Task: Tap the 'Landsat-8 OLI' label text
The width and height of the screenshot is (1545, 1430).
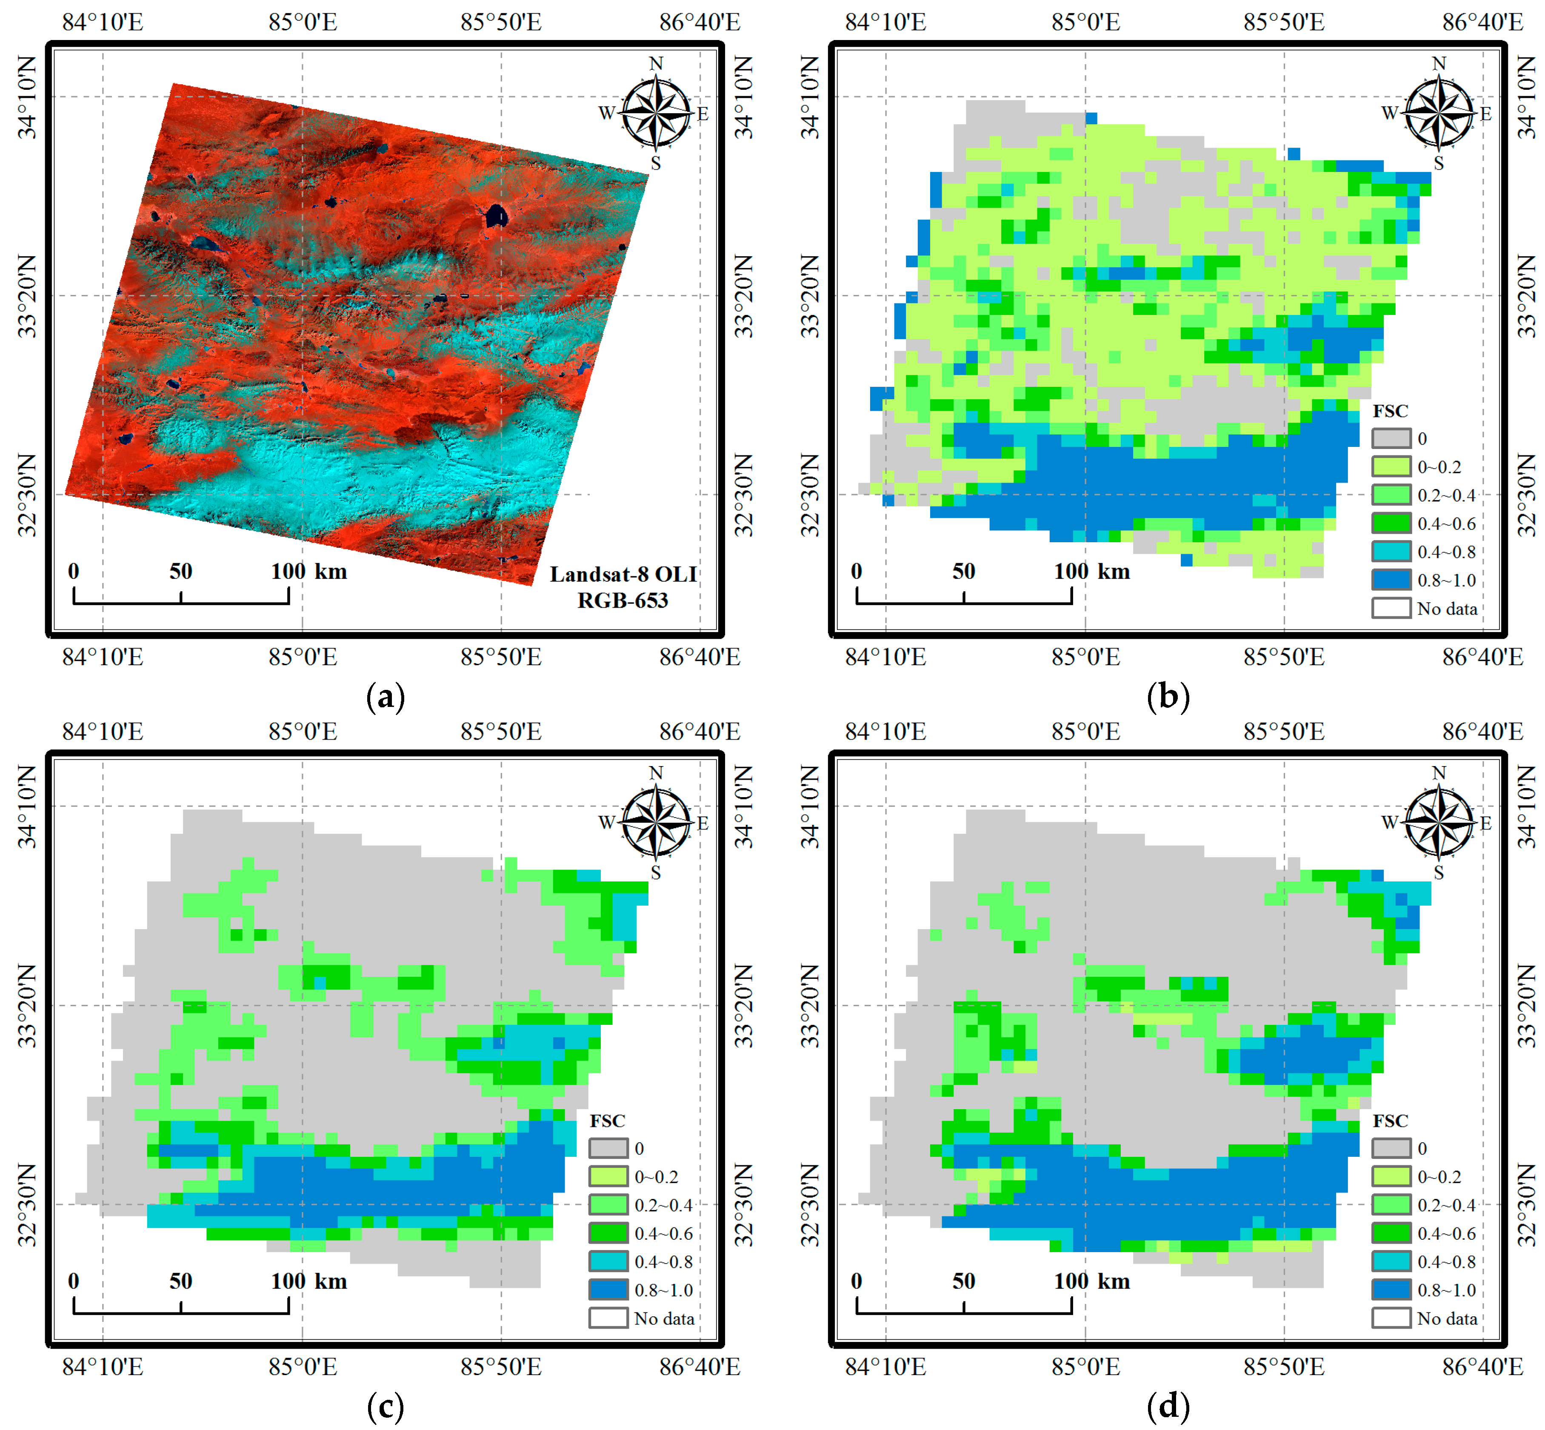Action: [x=623, y=574]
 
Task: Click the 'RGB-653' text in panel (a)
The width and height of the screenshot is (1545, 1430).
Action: [x=623, y=601]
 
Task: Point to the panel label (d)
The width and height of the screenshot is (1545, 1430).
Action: [x=1168, y=1406]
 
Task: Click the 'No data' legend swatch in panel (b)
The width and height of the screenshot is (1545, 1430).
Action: [x=1391, y=608]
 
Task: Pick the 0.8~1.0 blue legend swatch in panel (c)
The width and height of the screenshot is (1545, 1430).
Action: [x=608, y=1290]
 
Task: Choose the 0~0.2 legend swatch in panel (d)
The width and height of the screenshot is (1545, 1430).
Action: [x=1391, y=1176]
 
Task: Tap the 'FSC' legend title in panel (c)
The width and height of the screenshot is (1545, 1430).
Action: [x=607, y=1121]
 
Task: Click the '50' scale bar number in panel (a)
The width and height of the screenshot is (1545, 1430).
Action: [x=181, y=571]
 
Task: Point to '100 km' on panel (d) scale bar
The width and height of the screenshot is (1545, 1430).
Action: [x=1092, y=1281]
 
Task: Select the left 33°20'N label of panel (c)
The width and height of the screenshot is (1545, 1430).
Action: [x=28, y=1005]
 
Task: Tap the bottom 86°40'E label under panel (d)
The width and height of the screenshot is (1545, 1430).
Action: [x=1482, y=1367]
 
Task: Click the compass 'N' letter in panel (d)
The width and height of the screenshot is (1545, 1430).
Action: [x=1438, y=772]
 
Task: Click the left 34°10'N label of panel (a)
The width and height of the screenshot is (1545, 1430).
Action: [x=28, y=97]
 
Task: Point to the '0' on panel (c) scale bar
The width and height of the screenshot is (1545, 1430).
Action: [x=74, y=1281]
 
